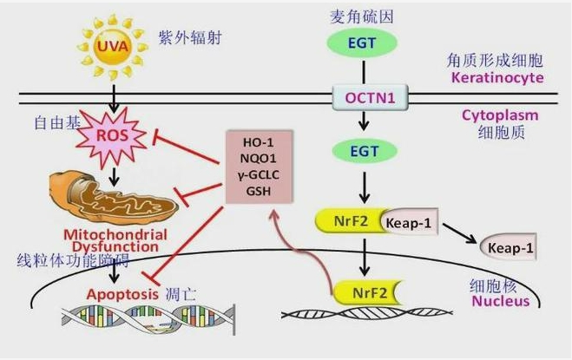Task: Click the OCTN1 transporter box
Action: (368, 97)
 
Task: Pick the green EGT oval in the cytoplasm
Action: (368, 151)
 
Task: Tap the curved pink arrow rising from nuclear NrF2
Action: (299, 252)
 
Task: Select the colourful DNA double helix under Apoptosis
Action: (148, 324)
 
